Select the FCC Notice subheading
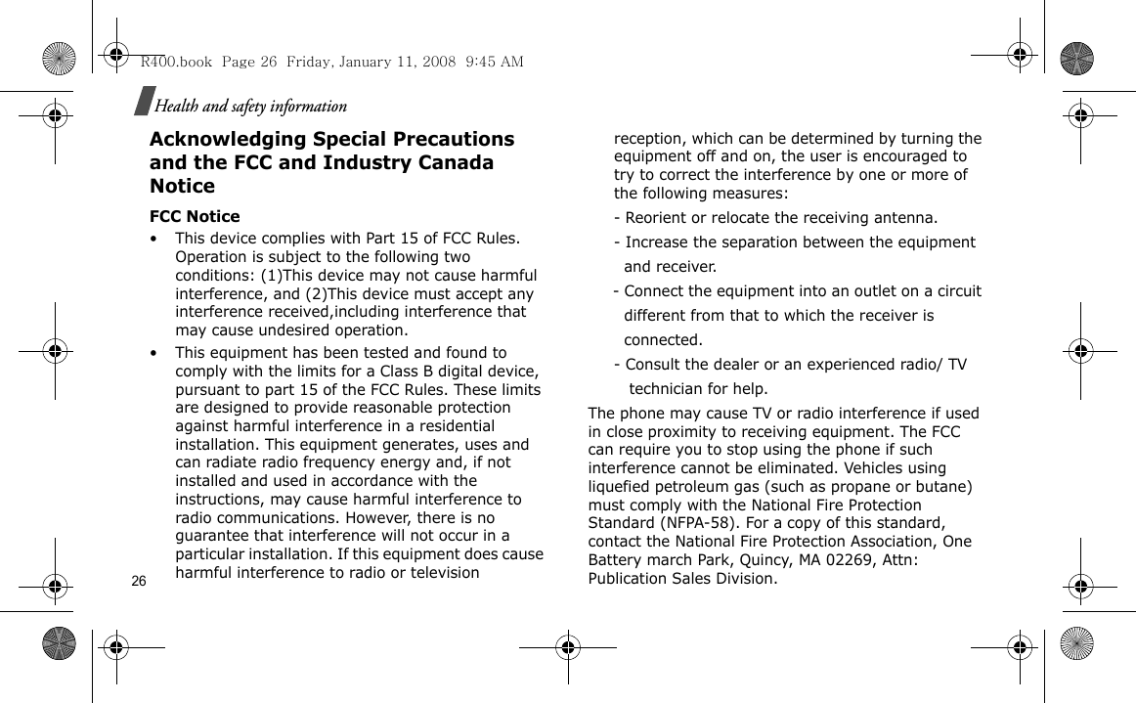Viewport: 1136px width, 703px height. [195, 216]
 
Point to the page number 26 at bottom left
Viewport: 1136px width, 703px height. [138, 581]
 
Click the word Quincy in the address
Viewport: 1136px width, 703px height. [736, 560]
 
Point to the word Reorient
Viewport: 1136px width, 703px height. [658, 217]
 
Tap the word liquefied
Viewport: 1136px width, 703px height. [624, 487]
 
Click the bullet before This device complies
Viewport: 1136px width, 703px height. [153, 240]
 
